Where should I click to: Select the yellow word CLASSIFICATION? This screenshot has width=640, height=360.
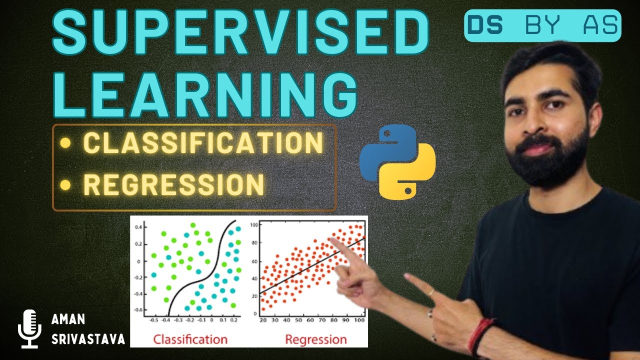[x=202, y=143]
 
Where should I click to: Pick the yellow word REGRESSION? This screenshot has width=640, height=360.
[x=173, y=184]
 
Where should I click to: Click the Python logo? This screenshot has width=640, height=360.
[x=397, y=161]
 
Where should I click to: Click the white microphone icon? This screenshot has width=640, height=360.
[x=28, y=328]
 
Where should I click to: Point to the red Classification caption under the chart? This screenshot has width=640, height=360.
[x=190, y=339]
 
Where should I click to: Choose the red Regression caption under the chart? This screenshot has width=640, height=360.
[x=315, y=339]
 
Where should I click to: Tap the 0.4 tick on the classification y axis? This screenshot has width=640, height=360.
[x=138, y=226]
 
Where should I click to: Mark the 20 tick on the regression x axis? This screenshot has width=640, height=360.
[x=263, y=320]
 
